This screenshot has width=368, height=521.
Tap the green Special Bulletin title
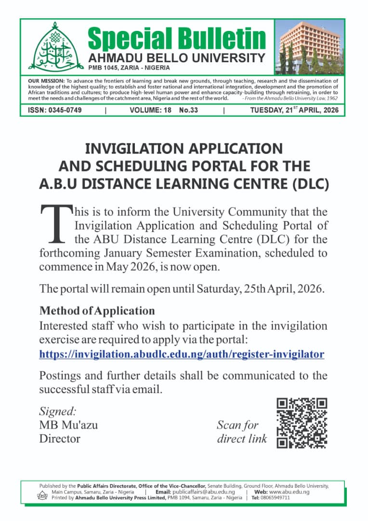click(176, 38)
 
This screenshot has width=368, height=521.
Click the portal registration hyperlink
click(182, 355)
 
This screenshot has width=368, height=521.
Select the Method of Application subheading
click(97, 310)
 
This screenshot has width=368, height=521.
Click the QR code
click(302, 423)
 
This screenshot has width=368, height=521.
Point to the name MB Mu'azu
click(68, 425)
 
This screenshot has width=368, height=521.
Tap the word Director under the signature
click(59, 439)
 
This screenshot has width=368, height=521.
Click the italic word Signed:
click(57, 411)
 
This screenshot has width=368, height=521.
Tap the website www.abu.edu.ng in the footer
click(289, 492)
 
